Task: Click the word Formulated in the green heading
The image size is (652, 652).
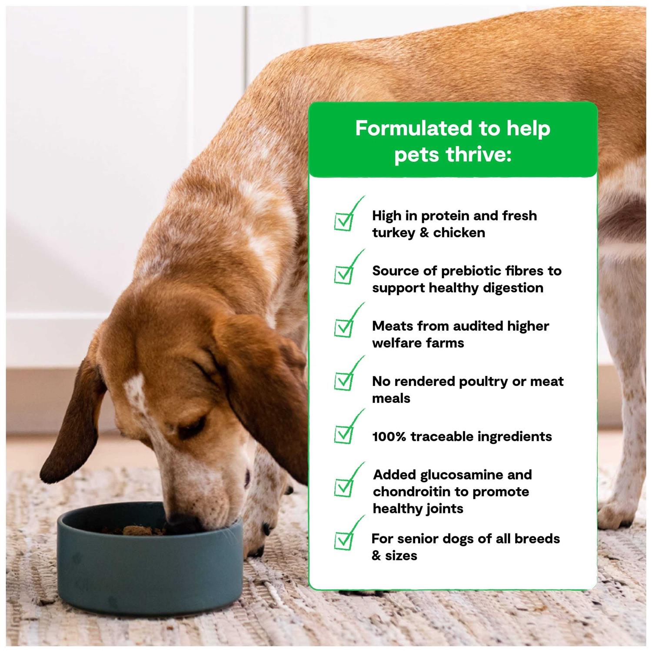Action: coord(407,128)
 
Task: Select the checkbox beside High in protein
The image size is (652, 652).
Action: coord(344,221)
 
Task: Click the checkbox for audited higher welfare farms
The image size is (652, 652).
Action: coord(344,328)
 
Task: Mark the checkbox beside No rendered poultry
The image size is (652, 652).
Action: coord(344,381)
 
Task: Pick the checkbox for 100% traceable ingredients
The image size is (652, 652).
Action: coord(344,434)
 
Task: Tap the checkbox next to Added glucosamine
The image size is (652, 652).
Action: coord(344,488)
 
